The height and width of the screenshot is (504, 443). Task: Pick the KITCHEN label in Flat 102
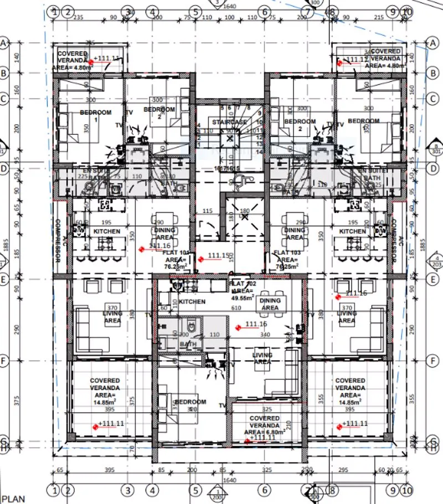(192, 302)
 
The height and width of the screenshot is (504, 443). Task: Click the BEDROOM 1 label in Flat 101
(95, 116)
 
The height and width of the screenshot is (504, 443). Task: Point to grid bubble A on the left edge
(7, 43)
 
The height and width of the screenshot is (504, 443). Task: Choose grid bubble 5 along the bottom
(195, 490)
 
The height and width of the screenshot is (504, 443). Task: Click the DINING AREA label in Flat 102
(270, 304)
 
